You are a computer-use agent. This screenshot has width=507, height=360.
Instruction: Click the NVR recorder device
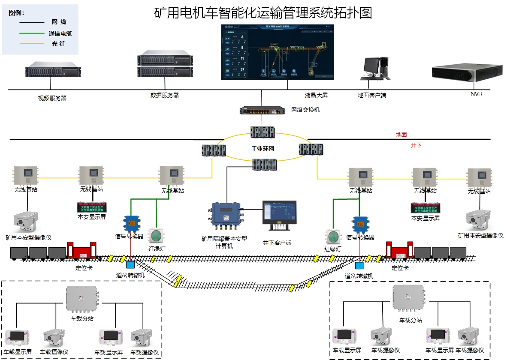coord(467,73)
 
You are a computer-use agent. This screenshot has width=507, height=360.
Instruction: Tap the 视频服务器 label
coord(52,98)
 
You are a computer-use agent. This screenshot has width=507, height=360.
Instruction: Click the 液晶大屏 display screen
coord(277,52)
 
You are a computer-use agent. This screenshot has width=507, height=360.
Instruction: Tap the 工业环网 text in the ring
coord(263,150)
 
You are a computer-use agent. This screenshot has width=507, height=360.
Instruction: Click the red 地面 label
coord(401,135)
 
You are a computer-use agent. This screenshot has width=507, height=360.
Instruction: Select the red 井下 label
coord(416,145)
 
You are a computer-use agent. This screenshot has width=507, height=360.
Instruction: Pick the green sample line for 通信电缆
coord(32,33)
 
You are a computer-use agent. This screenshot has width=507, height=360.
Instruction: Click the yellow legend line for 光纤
coord(32,44)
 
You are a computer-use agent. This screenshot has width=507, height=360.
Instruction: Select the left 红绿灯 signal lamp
coord(155,236)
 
